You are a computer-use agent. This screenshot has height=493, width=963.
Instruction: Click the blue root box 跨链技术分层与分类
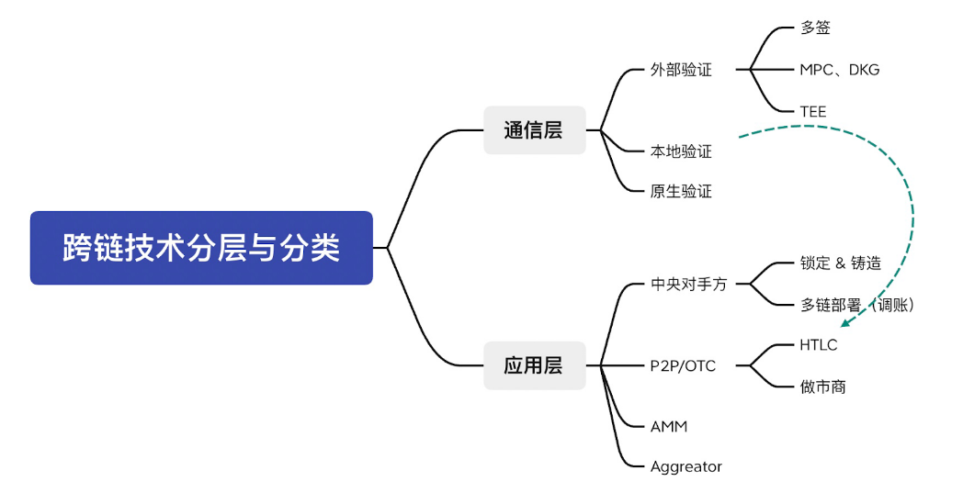201,248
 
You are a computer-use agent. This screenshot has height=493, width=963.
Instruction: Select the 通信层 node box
534,129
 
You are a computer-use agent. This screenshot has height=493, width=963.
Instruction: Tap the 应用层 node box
534,365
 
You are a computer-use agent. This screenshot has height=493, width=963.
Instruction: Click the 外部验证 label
681,70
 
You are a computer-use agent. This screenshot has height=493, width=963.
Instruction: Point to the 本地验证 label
681,151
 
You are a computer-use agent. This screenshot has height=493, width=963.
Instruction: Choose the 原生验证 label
681,192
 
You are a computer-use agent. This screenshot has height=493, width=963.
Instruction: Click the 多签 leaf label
815,28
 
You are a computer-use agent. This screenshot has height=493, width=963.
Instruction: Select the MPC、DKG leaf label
840,70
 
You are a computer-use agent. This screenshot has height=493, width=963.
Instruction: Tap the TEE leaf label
813,111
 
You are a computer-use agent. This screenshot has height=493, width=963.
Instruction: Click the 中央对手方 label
688,285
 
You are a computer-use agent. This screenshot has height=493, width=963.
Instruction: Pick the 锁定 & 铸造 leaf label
840,263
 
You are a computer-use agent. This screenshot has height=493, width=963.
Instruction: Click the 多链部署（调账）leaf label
856,305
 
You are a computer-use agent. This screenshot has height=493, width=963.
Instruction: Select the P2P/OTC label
683,366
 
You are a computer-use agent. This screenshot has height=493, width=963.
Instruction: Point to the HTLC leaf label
819,345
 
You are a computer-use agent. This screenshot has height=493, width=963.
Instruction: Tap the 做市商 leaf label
822,387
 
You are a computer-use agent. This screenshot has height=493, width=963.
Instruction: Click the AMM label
669,427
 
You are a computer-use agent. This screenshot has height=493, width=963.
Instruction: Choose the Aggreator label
686,467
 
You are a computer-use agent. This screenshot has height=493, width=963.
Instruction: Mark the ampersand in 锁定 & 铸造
840,263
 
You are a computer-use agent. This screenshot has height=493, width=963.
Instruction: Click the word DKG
864,70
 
